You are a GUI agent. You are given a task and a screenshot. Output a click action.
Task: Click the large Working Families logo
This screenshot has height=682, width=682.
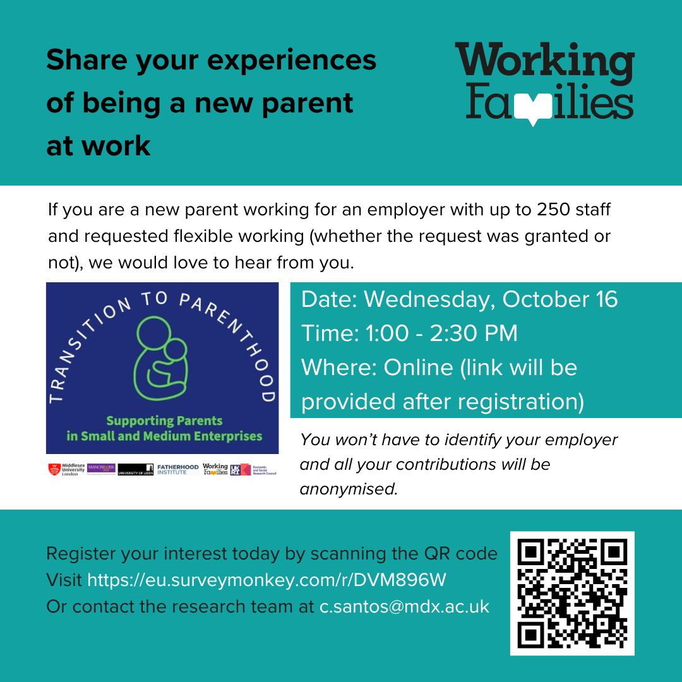click(544, 82)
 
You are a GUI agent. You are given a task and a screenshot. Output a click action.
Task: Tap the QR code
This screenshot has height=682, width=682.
click(572, 594)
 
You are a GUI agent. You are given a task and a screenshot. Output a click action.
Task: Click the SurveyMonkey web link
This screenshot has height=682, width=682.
click(267, 580)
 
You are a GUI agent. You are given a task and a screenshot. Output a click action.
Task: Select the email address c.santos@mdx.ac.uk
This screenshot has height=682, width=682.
click(404, 606)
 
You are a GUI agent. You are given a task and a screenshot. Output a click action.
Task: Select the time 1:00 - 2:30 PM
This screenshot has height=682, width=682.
click(442, 333)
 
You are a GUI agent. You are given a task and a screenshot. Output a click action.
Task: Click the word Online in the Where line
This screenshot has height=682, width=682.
click(418, 368)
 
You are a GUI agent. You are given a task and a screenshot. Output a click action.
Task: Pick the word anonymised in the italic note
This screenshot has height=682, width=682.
click(349, 489)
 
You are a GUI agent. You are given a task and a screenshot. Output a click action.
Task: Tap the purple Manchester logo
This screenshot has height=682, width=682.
click(101, 469)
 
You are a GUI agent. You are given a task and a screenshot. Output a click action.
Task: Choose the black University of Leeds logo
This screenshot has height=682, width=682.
click(135, 469)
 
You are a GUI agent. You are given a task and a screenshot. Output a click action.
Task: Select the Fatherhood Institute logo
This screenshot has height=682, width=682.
click(177, 469)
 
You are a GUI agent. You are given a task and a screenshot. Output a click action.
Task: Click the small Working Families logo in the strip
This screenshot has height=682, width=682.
click(215, 469)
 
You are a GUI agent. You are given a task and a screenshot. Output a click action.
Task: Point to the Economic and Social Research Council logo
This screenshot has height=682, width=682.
click(254, 469)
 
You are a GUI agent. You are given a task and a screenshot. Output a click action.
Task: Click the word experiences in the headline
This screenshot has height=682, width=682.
click(293, 61)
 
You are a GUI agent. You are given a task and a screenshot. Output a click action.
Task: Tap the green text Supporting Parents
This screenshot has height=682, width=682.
click(164, 421)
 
